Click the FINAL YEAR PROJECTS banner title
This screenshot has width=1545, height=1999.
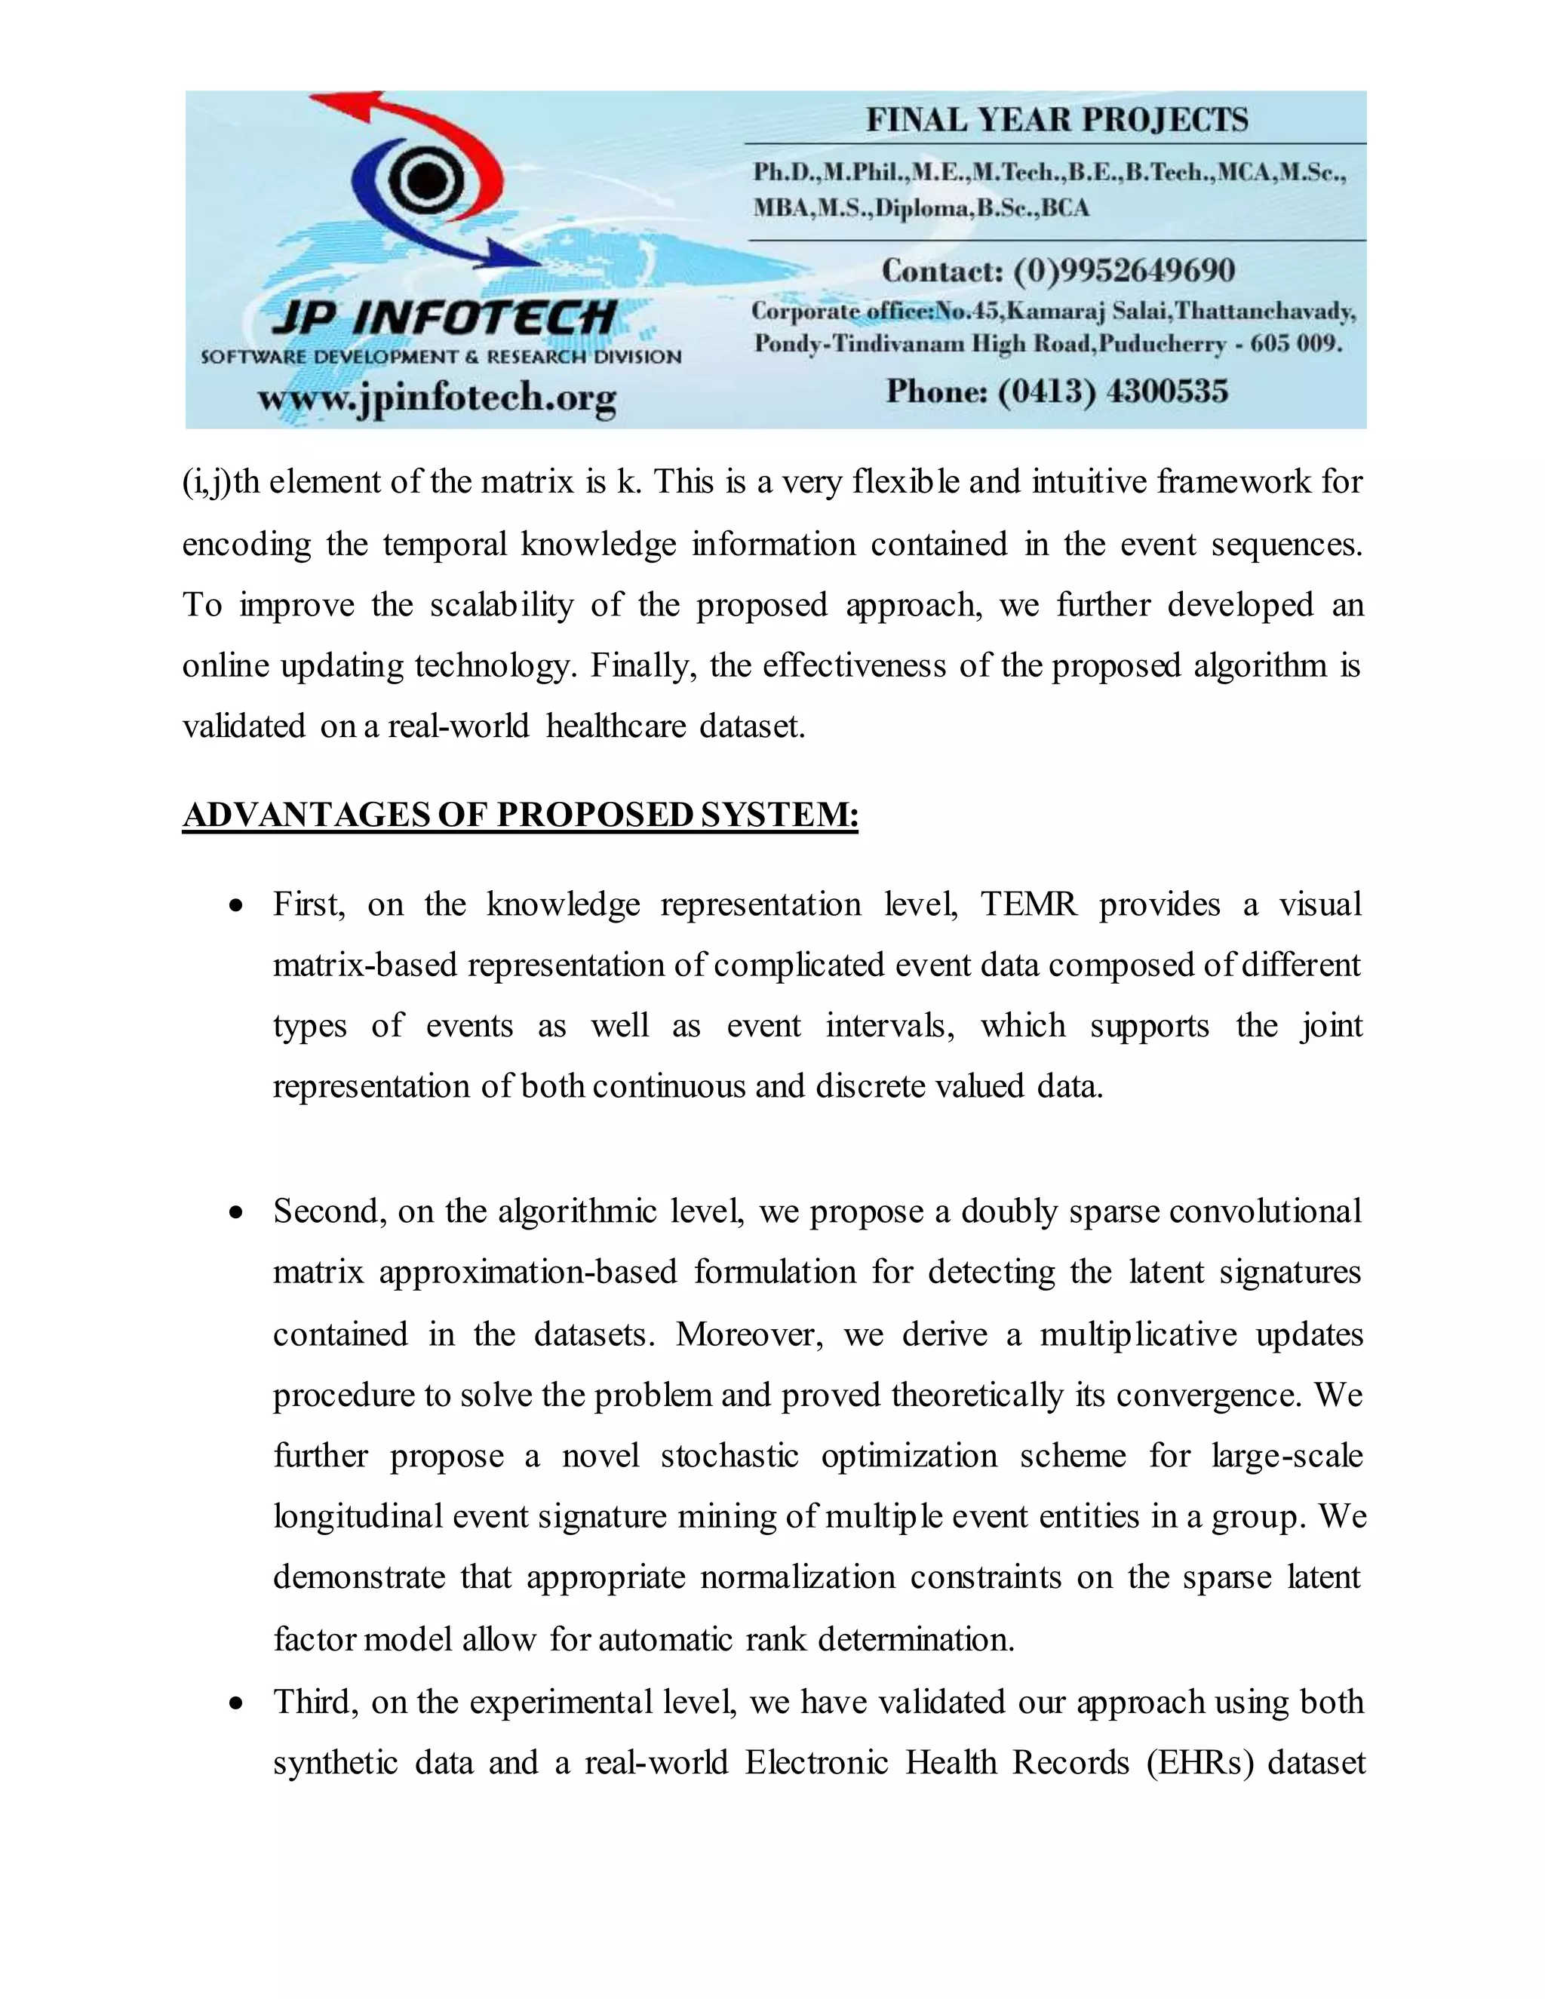click(x=1056, y=120)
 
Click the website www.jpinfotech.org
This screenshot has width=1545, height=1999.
click(x=437, y=398)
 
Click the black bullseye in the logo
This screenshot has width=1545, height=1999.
click(x=424, y=180)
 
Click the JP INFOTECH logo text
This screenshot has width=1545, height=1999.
click(x=444, y=318)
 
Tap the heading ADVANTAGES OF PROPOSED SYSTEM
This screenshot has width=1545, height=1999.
click(x=520, y=815)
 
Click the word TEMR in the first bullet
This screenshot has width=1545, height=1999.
click(x=1028, y=904)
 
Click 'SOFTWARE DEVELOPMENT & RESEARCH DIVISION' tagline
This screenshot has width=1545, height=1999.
click(x=441, y=357)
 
